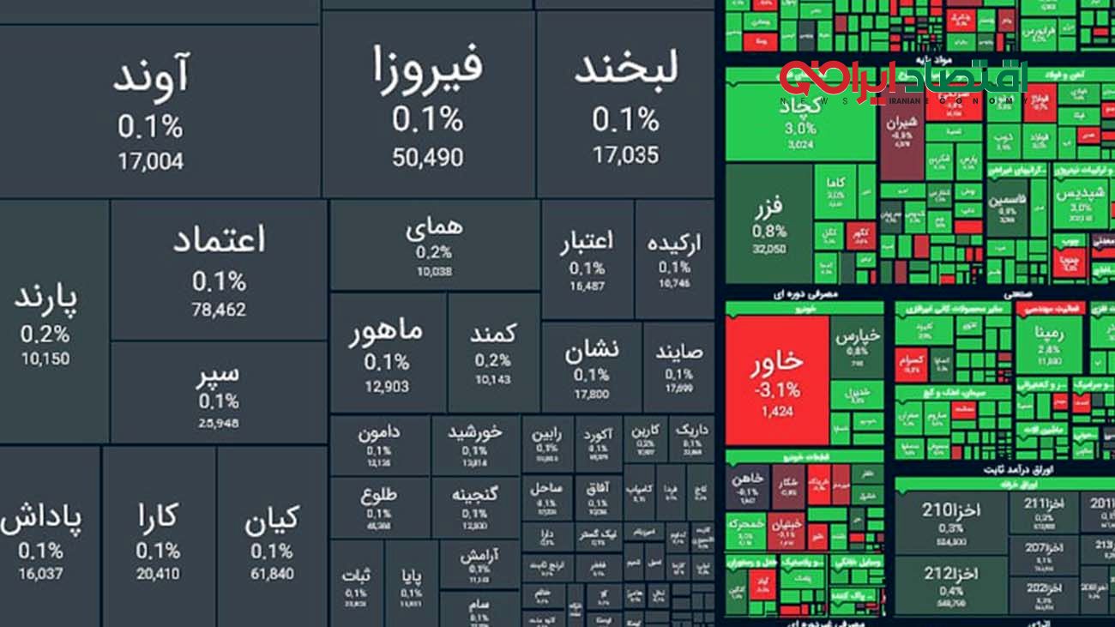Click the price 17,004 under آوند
[x=150, y=161]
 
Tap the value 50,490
[x=428, y=158]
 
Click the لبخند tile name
[x=626, y=69]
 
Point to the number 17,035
[x=626, y=155]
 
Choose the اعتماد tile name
[x=219, y=241]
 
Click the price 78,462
[x=219, y=310]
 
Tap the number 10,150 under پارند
[x=45, y=359]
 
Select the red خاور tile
[x=777, y=364]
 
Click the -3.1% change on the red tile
[x=777, y=390]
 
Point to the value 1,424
[x=777, y=412]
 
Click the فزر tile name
[x=769, y=208]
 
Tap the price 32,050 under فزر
[x=769, y=250]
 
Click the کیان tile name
[x=272, y=520]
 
